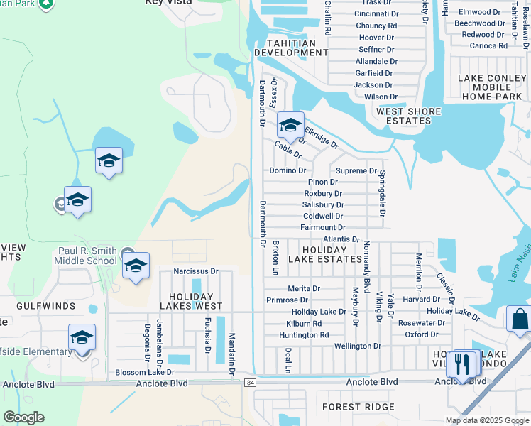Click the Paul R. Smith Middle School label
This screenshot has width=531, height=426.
[87, 255]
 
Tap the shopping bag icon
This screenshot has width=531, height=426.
[519, 320]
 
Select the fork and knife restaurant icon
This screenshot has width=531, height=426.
[462, 365]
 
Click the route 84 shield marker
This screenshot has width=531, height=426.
[251, 382]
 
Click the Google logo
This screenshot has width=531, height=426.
[23, 417]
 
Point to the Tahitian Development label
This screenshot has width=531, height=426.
[290, 48]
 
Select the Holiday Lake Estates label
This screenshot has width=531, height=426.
[324, 254]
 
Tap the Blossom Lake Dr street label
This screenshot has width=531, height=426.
[144, 372]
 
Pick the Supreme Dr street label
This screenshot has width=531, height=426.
[356, 170]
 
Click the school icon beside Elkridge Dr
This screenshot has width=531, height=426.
[290, 126]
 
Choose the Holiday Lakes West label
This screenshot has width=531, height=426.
[191, 301]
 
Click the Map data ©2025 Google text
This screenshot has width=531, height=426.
[486, 420]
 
